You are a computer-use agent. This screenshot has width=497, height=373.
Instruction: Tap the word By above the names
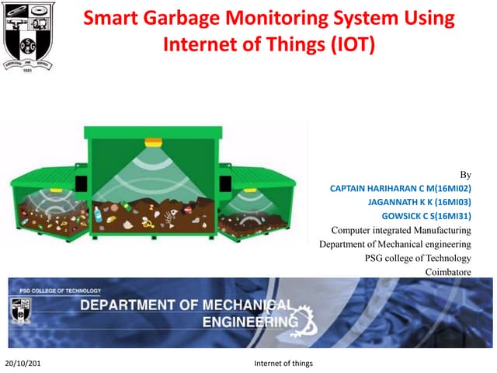point(465,175)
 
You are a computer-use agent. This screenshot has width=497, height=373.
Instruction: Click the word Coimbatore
point(448,272)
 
